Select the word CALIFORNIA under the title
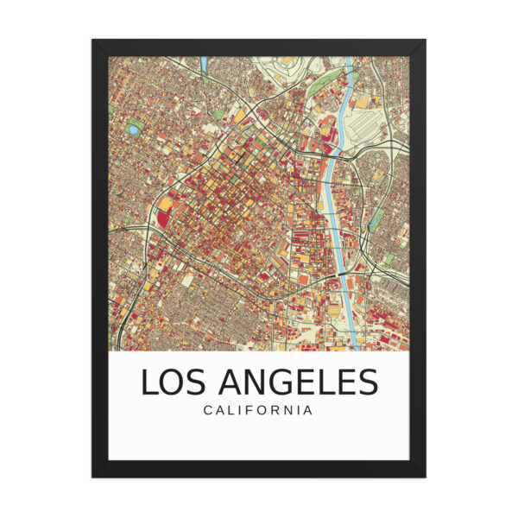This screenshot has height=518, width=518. pyautogui.click(x=258, y=410)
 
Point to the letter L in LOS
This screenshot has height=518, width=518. pyautogui.click(x=147, y=382)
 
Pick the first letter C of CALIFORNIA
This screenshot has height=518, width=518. pyautogui.click(x=207, y=410)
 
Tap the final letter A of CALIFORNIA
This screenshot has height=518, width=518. pyautogui.click(x=308, y=410)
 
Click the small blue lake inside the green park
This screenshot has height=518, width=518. pyautogui.click(x=133, y=129)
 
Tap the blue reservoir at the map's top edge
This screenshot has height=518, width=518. pyautogui.click(x=204, y=63)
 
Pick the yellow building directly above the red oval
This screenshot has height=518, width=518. pyautogui.click(x=163, y=204)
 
